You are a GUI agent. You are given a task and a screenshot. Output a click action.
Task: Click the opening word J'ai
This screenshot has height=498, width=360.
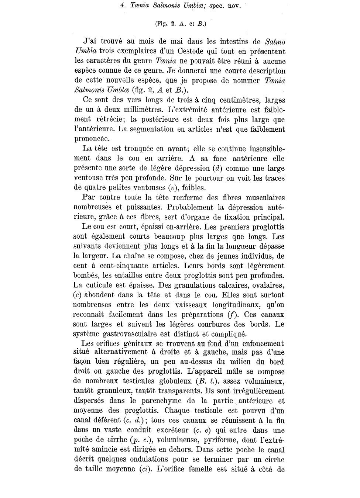(x=91, y=42)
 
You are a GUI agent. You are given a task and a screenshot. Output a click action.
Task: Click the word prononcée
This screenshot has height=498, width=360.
(x=92, y=139)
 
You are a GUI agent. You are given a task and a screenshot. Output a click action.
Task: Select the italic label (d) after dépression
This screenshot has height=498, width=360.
(x=217, y=169)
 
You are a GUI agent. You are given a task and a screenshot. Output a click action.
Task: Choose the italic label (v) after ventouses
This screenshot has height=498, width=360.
(x=172, y=188)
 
